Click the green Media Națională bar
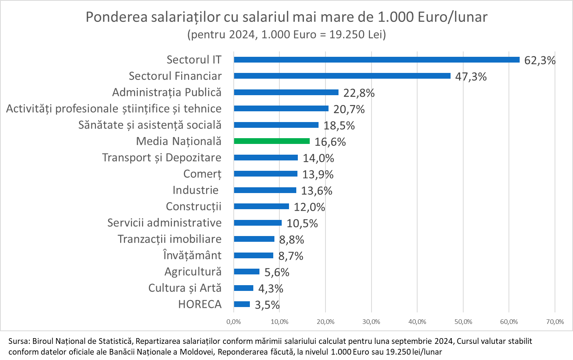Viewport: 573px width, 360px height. pyautogui.click(x=272, y=141)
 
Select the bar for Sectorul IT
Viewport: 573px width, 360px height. pyautogui.click(x=376, y=60)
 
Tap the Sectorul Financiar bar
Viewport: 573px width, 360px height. pyautogui.click(x=342, y=76)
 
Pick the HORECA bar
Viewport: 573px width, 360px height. pyautogui.click(x=242, y=304)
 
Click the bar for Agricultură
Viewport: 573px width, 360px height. pyautogui.click(x=246, y=272)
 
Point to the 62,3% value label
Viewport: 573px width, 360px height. pyautogui.click(x=540, y=61)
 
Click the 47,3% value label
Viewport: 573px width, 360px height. pyautogui.click(x=471, y=77)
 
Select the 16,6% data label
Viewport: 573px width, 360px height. pyautogui.click(x=330, y=142)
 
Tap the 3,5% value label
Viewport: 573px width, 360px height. pyautogui.click(x=267, y=305)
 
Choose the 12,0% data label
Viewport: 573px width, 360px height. pyautogui.click(x=309, y=207)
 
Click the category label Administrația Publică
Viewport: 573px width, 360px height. pyautogui.click(x=167, y=92)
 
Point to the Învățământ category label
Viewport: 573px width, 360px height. pyautogui.click(x=192, y=256)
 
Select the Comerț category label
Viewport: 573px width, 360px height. pyautogui.click(x=202, y=174)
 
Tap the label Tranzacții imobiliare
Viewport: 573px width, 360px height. pyautogui.click(x=169, y=239)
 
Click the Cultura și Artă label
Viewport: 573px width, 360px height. pyautogui.click(x=185, y=288)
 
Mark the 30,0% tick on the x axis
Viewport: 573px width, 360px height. pyautogui.click(x=371, y=322)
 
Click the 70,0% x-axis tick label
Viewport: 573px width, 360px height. pyautogui.click(x=555, y=322)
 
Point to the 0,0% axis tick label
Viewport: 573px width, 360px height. pyautogui.click(x=233, y=322)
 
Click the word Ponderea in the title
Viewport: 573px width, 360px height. pyautogui.click(x=116, y=17)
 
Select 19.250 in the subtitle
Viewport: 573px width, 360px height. pyautogui.click(x=347, y=35)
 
